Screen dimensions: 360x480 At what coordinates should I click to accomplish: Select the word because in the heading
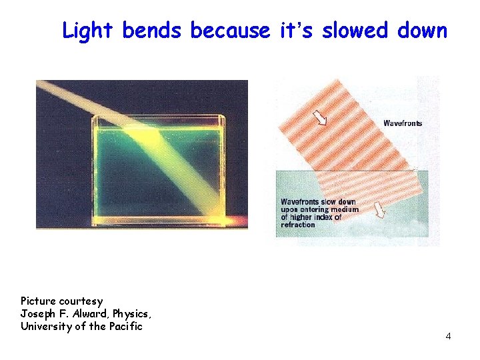pos(229,31)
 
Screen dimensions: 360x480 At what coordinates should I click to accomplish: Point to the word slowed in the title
pos(355,31)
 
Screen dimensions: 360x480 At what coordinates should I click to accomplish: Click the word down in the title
pos(421,31)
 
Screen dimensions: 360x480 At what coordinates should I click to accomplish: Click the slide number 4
pos(448,336)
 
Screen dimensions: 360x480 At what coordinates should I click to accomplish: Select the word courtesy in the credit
pos(81,301)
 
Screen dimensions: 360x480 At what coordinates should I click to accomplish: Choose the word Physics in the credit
pos(136,314)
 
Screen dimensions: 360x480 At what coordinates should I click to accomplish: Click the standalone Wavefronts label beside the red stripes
pos(403,123)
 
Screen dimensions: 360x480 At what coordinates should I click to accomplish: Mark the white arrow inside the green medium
pos(380,211)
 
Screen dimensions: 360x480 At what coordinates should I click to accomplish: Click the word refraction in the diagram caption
pos(298,225)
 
